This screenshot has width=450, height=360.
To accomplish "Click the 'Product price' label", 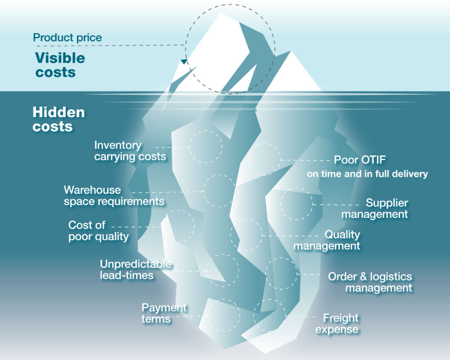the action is [x=67, y=38].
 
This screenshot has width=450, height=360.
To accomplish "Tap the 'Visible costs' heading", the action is [x=60, y=65].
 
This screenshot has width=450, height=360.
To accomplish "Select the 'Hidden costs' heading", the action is [x=59, y=119].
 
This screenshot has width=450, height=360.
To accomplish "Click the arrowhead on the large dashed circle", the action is [x=184, y=62].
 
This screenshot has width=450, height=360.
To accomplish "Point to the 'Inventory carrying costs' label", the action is [x=130, y=151].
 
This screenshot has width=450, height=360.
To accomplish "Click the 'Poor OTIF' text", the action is [x=360, y=160].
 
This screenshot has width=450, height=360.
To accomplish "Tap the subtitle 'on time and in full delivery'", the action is [x=367, y=174].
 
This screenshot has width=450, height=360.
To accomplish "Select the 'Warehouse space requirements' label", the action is [x=114, y=195].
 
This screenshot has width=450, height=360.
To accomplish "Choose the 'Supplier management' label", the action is [x=375, y=208].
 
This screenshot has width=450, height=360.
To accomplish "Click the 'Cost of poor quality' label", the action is [x=99, y=231].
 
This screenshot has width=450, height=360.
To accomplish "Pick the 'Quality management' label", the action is [x=327, y=240].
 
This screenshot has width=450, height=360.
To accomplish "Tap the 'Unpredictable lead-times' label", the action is [x=135, y=270].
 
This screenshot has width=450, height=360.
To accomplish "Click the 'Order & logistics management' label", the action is [x=370, y=282].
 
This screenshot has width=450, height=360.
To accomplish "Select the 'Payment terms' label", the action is [x=164, y=313].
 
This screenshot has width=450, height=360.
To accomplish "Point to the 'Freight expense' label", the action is [x=337, y=324].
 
